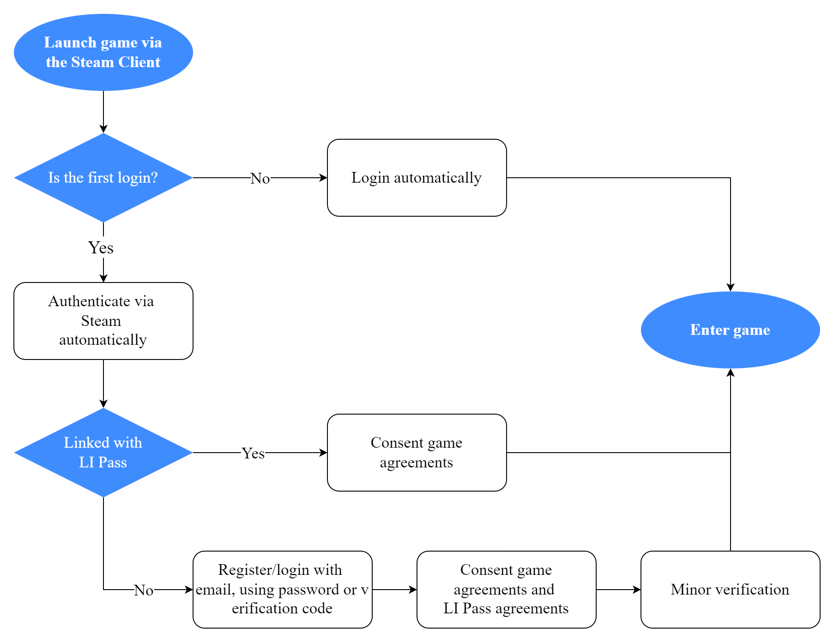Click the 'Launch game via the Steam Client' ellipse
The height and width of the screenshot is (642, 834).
point(103,52)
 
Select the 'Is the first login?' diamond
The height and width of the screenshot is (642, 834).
point(103,178)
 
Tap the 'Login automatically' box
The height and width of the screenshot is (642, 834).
point(417,178)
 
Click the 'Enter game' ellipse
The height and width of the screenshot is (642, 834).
point(730,330)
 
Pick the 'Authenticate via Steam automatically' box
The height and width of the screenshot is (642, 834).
point(103,321)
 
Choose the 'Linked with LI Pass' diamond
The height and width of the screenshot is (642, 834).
point(103,453)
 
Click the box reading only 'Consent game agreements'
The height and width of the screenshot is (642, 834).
point(417,453)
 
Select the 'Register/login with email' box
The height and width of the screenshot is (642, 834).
point(282,590)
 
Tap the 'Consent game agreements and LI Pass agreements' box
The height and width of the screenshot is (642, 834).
point(506,590)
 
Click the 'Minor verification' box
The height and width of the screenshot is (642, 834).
point(730,590)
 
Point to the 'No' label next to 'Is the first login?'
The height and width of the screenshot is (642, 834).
point(260,179)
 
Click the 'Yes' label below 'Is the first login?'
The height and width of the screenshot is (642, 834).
point(101,248)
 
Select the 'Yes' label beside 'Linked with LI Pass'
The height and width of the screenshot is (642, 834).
point(253,454)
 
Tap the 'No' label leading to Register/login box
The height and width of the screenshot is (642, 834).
point(144,591)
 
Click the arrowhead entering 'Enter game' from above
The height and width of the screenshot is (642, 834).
point(731,287)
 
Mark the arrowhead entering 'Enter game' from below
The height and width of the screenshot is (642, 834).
point(731,372)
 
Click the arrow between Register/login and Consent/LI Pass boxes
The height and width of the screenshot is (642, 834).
point(394,590)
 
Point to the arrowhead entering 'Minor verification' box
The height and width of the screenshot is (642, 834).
point(637,590)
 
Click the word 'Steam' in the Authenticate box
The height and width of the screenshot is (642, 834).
point(101,321)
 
